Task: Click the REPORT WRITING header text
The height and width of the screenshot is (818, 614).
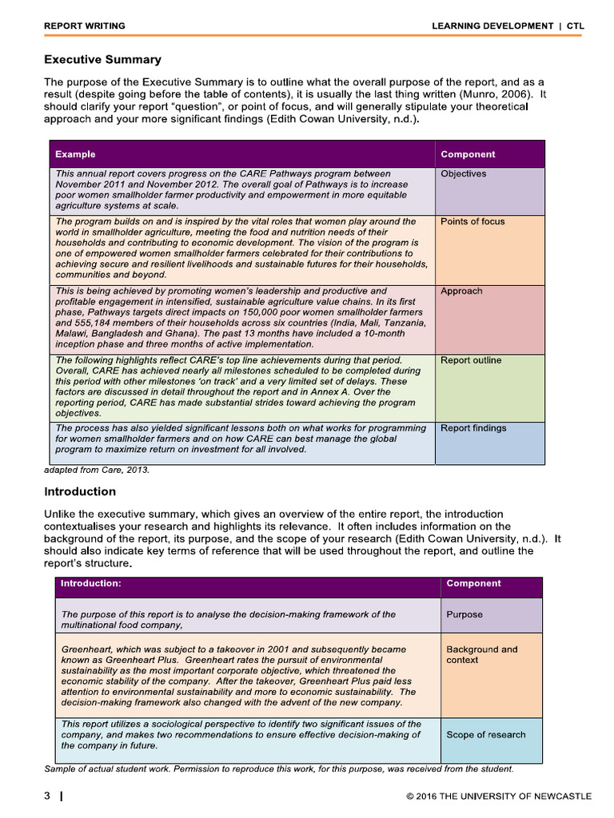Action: tap(84, 26)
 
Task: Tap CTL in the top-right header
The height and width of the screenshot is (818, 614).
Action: tap(576, 26)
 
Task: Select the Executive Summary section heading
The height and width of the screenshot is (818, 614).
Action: tap(102, 60)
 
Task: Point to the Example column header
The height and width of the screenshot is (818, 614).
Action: tap(75, 154)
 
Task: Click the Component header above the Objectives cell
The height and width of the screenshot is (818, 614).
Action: tap(468, 154)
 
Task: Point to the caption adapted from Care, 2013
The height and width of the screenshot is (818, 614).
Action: tap(97, 471)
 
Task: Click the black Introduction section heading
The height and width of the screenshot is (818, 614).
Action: tap(80, 492)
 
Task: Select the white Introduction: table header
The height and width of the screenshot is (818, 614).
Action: tap(91, 584)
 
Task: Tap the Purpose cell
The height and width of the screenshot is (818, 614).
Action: tap(464, 615)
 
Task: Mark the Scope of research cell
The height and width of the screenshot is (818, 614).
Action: tap(486, 735)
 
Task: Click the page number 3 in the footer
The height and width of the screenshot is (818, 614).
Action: tap(47, 796)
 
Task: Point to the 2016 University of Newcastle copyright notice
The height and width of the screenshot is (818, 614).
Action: tap(499, 796)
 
